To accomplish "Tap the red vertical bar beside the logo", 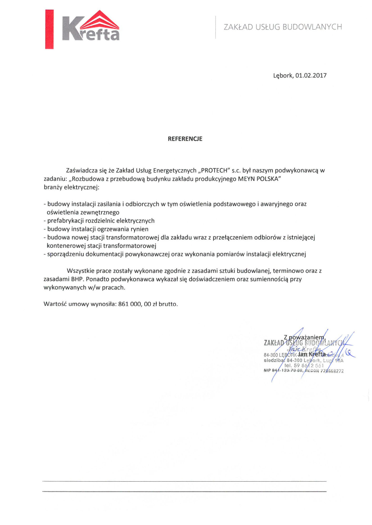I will point(49,29).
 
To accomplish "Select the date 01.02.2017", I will point(311,76).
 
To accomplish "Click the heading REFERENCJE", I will point(185,139).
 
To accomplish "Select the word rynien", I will point(140,229).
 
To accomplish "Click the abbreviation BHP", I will point(77,279).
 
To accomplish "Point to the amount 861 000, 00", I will point(134,304).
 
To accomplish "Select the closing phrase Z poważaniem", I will point(304,337).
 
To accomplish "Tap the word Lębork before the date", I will point(283,76).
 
